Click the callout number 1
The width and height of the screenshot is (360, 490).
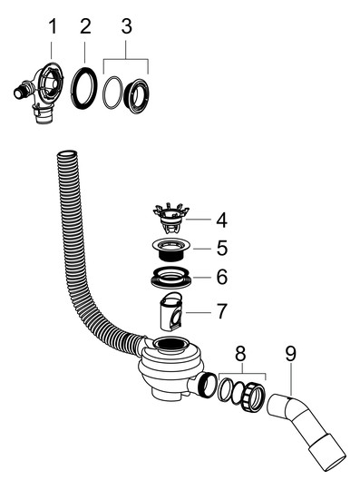click(53, 26)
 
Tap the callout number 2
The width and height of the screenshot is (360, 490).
click(85, 26)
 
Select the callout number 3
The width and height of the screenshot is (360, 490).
click(126, 26)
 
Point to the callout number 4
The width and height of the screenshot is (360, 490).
click(221, 220)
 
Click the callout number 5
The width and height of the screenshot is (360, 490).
click(222, 248)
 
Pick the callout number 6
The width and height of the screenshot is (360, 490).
click(222, 277)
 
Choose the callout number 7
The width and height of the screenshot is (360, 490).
click(221, 311)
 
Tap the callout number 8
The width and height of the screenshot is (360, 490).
click(240, 355)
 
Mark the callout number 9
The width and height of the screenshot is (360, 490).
click(291, 355)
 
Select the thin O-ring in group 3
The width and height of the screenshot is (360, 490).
click(105, 93)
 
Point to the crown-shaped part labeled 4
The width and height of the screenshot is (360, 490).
click(171, 217)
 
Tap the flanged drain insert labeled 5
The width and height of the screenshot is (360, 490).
click(171, 250)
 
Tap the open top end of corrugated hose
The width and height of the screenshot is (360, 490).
click(66, 154)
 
